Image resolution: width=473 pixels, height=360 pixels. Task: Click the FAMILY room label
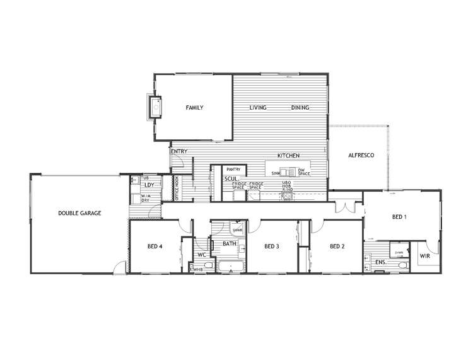194,108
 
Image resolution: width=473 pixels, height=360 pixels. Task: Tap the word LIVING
258,108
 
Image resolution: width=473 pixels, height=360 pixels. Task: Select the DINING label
300,108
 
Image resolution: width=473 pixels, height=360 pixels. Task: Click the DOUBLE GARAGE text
79,213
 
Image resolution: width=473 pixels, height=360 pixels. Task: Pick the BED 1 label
399,217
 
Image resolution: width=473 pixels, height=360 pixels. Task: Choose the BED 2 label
337,246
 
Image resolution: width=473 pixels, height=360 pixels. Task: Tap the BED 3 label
272,246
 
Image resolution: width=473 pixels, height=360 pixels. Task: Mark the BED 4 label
156,246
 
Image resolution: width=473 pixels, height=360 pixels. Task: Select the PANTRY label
234,169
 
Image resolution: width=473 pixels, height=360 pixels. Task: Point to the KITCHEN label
288,155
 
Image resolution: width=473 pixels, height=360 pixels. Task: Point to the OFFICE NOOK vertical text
177,189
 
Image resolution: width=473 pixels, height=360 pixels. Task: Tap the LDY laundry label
149,185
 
